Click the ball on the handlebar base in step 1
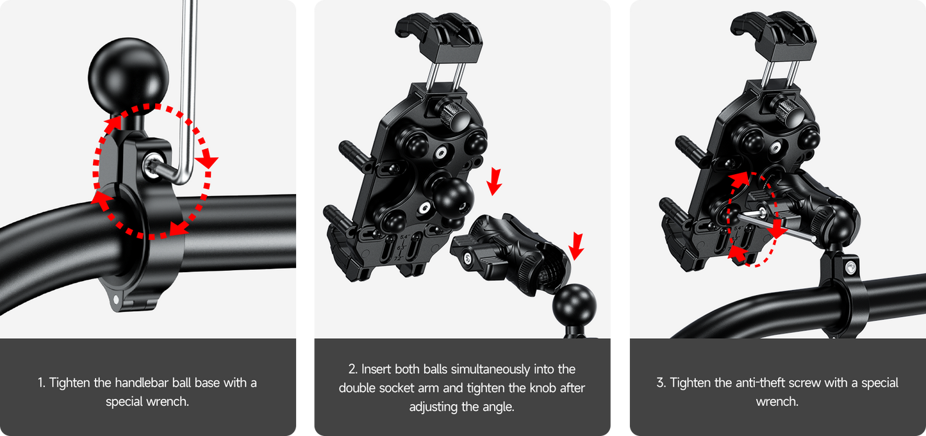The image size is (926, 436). tap(128, 76)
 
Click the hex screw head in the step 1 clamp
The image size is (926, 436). tap(154, 166)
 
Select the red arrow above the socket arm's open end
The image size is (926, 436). tap(576, 246)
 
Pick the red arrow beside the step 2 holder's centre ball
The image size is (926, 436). tap(494, 181)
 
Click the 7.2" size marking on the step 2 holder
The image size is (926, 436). tap(399, 259)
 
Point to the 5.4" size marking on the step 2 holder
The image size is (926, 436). tap(404, 237)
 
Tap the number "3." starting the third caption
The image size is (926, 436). tap(661, 383)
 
